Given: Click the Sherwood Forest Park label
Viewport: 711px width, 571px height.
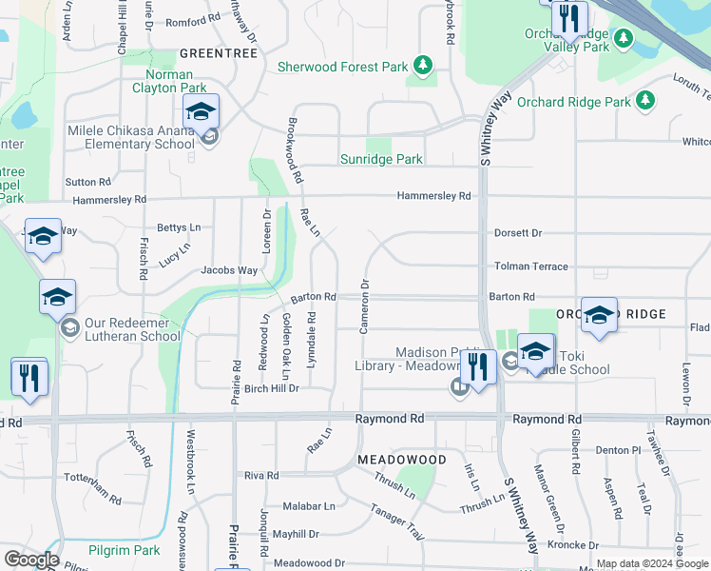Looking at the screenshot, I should click(x=342, y=67).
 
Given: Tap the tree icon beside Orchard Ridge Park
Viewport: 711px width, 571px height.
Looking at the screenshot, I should click(x=646, y=101).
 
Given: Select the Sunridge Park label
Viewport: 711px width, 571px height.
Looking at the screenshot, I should click(x=381, y=160).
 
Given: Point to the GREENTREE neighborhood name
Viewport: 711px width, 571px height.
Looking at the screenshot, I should click(x=219, y=54).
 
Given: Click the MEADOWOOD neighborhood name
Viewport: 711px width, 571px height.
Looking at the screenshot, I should click(x=402, y=460).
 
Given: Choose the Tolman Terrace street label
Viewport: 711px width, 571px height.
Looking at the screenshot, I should click(x=530, y=267).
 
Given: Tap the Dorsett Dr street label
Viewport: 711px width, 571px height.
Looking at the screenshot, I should click(x=517, y=233).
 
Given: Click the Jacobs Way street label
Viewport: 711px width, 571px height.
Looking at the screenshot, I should click(x=228, y=270).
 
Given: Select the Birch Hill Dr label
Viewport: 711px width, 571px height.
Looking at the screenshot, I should click(x=272, y=389).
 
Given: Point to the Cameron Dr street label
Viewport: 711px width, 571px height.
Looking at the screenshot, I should click(x=364, y=306).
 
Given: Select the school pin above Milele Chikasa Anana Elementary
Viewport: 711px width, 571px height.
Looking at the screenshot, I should click(x=202, y=113).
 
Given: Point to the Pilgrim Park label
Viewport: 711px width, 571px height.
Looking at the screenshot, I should click(x=125, y=550).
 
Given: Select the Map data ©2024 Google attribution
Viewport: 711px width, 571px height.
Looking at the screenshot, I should click(x=652, y=563).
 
